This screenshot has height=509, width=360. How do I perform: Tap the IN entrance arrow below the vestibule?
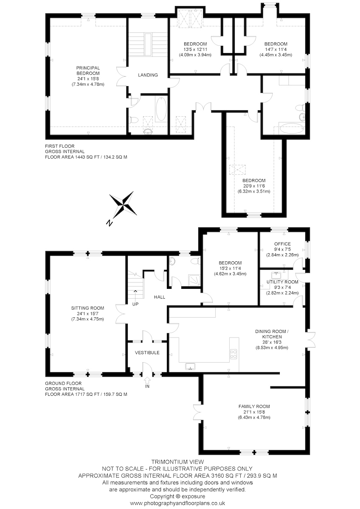(147, 379)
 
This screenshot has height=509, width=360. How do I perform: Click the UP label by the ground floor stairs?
(135, 304)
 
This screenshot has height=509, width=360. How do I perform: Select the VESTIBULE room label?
(147, 352)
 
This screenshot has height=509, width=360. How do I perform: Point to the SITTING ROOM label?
(87, 308)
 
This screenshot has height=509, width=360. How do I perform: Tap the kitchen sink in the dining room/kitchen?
(190, 366)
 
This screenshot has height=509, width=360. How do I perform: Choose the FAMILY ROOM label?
(254, 406)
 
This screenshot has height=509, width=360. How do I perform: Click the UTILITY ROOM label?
(282, 282)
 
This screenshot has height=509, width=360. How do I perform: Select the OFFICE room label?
(282, 244)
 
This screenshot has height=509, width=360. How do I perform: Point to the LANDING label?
(148, 75)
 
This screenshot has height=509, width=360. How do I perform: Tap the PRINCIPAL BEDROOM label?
(88, 70)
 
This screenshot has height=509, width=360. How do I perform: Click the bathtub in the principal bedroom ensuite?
(161, 109)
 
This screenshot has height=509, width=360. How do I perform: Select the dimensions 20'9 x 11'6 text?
(254, 186)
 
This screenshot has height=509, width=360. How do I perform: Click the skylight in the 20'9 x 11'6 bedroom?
(237, 170)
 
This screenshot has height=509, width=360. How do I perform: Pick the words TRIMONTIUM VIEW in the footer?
(177, 462)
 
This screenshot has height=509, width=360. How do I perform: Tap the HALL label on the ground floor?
(160, 297)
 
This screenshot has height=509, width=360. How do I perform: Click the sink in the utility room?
(276, 275)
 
